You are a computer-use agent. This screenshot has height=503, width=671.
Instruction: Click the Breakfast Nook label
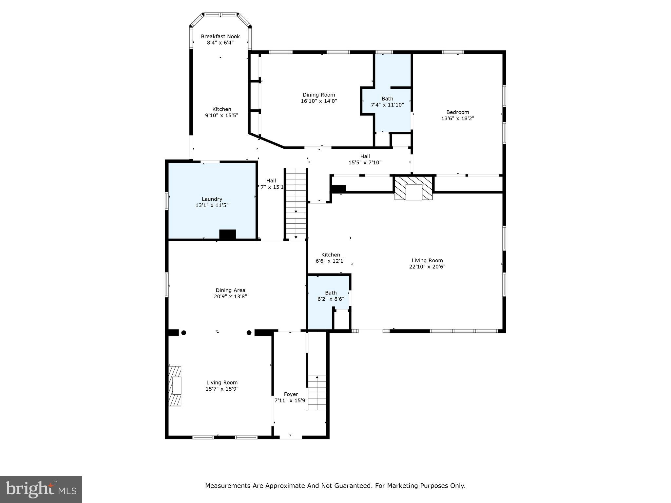pos(220,36)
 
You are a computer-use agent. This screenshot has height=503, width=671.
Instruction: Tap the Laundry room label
pos(212,199)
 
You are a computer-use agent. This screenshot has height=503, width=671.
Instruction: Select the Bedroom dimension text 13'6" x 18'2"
pos(457,119)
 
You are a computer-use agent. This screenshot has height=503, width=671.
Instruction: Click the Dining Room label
pos(318,95)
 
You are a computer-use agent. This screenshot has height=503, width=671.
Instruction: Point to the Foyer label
pos(291,394)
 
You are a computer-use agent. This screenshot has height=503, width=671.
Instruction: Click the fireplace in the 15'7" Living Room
pos(175,386)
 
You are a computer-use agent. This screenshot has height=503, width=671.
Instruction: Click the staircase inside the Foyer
pos(317,393)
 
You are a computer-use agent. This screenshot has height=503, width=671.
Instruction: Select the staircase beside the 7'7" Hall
pos(296,204)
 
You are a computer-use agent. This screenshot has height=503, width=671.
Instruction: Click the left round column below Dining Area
pos(184,333)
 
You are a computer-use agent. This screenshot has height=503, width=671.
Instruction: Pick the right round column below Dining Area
pos(249,333)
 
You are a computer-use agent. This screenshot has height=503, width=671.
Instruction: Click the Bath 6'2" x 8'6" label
pos(331,293)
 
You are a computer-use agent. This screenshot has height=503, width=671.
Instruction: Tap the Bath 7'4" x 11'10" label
pos(387,99)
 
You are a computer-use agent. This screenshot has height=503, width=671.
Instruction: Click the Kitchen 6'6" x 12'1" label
pos(331,255)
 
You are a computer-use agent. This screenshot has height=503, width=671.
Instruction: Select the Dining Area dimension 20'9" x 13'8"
pos(230,297)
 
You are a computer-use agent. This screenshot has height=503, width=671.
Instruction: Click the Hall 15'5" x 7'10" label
pos(365,156)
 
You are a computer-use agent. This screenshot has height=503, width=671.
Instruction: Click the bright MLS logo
pos(41,489)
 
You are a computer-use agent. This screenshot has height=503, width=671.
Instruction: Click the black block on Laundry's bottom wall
pos(227,234)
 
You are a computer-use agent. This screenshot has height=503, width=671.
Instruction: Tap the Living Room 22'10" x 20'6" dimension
pos(427,267)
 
